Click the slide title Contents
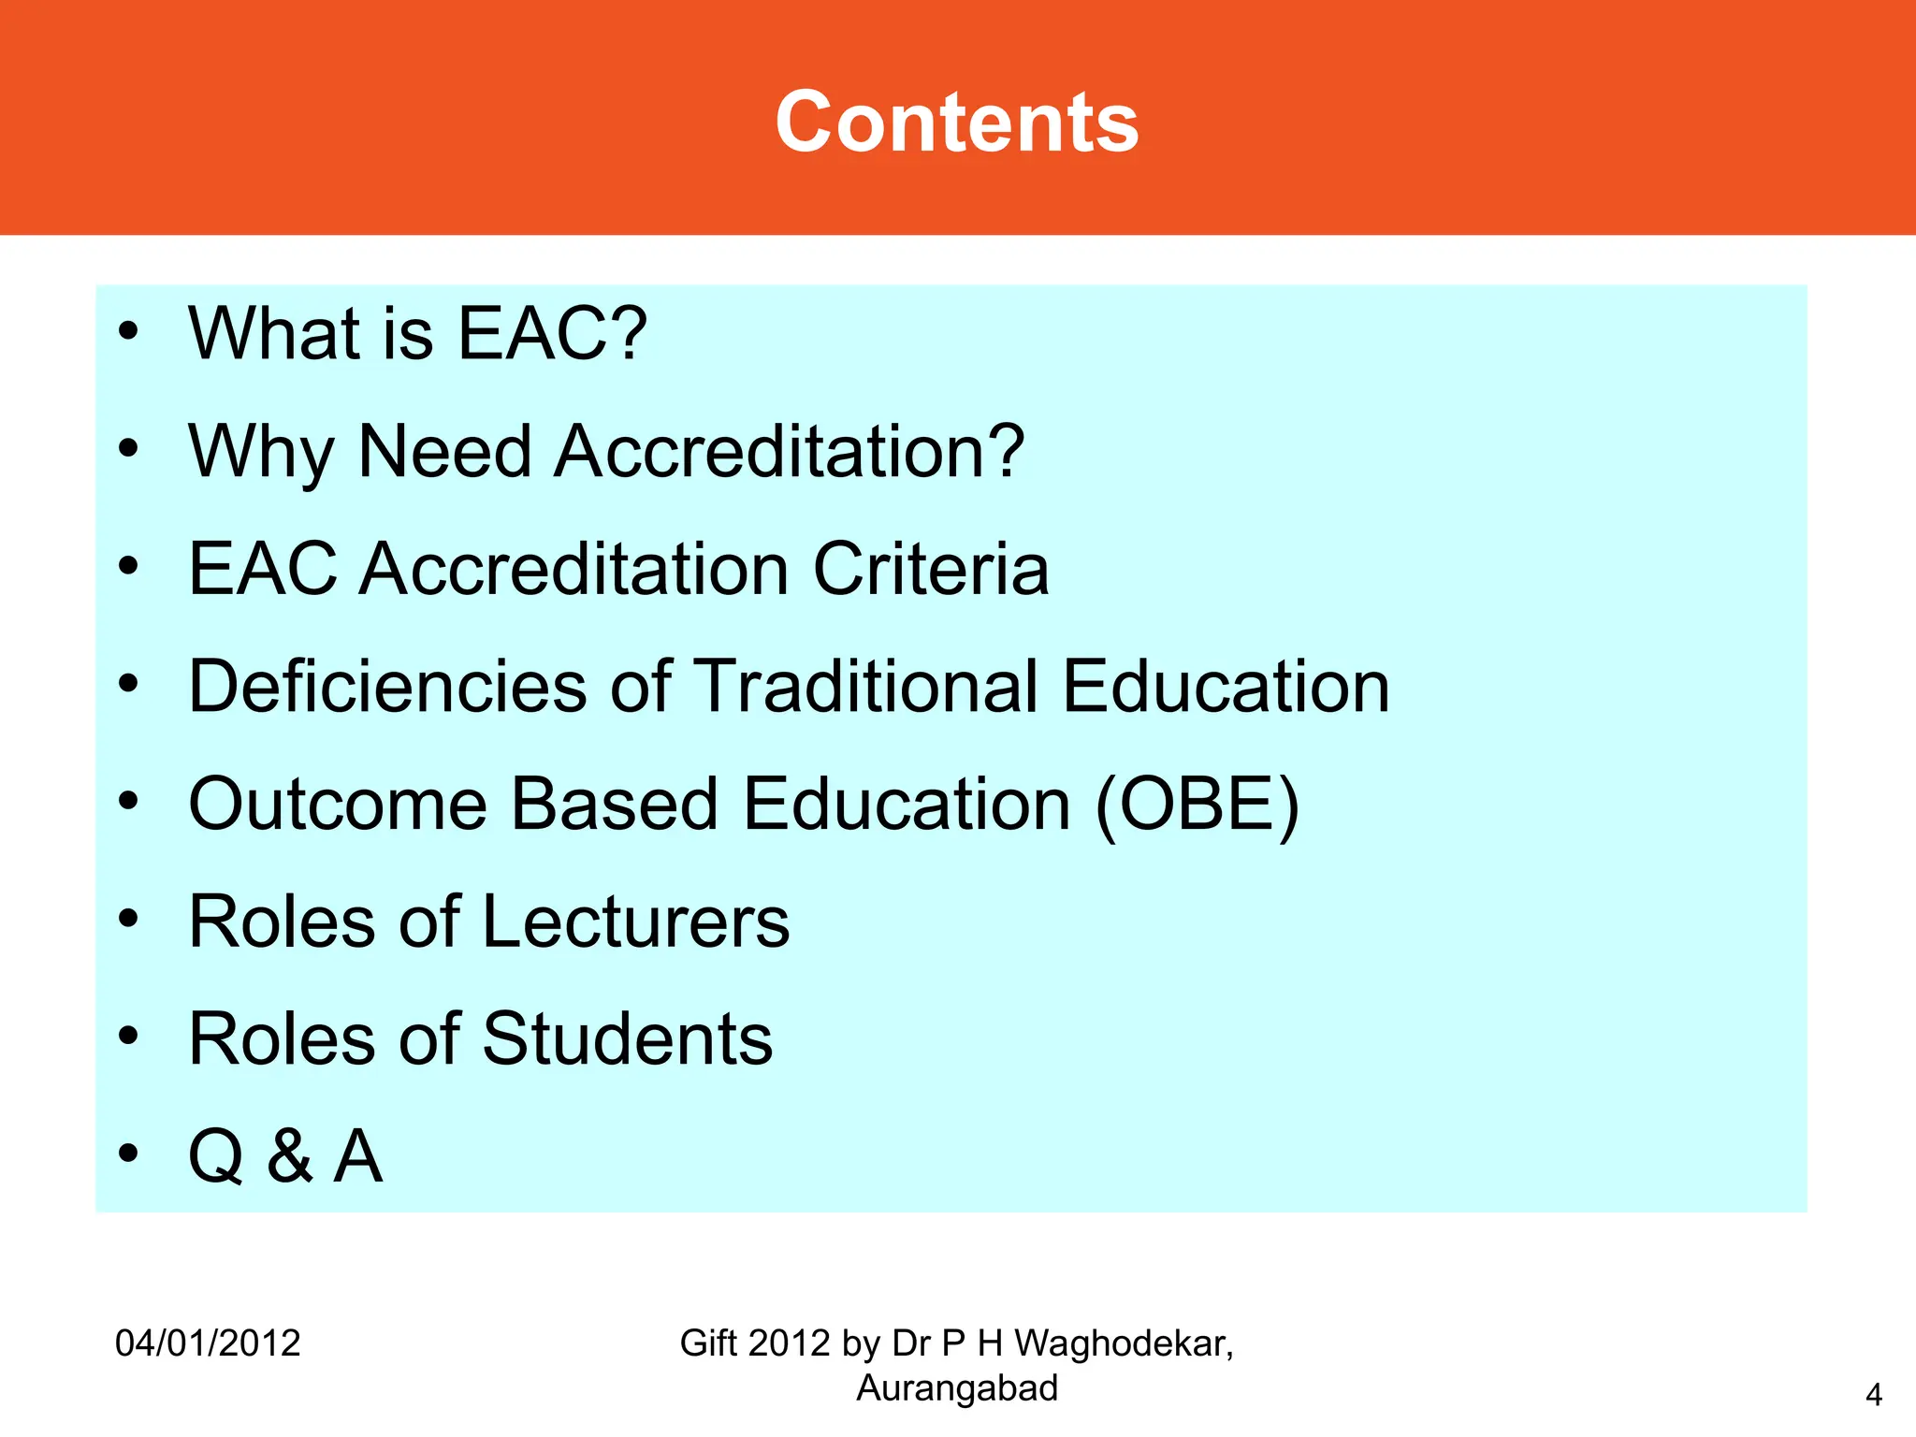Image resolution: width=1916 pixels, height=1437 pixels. [957, 123]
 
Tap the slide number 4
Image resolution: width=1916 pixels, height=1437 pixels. [1873, 1395]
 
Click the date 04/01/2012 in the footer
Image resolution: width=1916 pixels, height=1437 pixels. [208, 1343]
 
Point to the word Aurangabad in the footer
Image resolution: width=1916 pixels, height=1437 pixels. [957, 1388]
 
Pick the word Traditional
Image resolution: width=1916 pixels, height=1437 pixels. [867, 687]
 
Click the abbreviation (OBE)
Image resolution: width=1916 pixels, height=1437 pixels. [1197, 805]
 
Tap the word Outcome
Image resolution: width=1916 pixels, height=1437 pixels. [338, 805]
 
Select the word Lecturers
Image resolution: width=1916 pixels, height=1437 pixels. [636, 922]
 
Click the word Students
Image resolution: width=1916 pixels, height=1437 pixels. [628, 1039]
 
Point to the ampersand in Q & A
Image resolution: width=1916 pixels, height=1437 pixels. [289, 1157]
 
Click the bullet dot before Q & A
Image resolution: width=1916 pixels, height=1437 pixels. [128, 1154]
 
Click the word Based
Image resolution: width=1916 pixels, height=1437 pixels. [615, 805]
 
